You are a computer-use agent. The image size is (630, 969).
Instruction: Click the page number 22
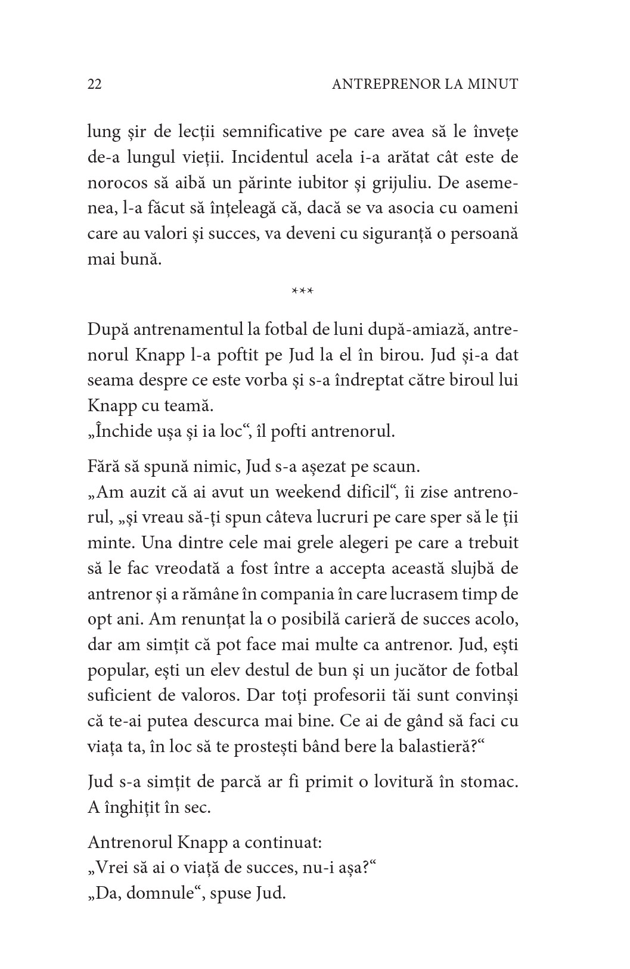(x=95, y=85)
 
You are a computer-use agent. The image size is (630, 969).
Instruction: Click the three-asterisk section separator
(x=303, y=291)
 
